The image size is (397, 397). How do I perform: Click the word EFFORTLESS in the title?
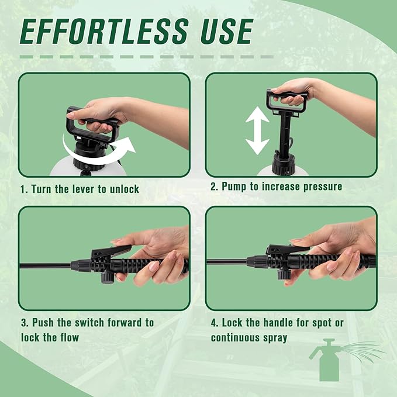104,32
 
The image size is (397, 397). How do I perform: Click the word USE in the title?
227,32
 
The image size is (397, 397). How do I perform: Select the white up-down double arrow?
257,130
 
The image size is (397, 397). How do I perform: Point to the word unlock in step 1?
125,189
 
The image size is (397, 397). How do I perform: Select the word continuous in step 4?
235,338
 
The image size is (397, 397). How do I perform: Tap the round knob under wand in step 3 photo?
108,278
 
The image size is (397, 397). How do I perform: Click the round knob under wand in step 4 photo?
284,274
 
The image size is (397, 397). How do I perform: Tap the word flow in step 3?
70,337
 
